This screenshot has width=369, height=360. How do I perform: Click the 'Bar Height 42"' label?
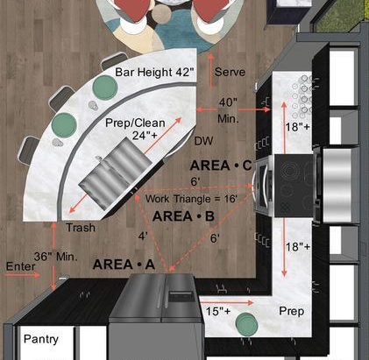pyautogui.click(x=154, y=72)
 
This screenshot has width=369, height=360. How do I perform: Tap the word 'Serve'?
pyautogui.click(x=230, y=72)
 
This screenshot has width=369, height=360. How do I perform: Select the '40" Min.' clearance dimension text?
pyautogui.click(x=228, y=110)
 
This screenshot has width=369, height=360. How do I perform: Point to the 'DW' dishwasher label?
pyautogui.click(x=203, y=141)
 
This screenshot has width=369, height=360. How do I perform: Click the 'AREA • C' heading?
pyautogui.click(x=221, y=166)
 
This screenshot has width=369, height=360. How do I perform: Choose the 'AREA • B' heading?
pyautogui.click(x=183, y=216)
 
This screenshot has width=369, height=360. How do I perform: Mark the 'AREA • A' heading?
pyautogui.click(x=124, y=265)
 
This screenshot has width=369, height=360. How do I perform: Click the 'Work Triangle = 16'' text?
pyautogui.click(x=191, y=199)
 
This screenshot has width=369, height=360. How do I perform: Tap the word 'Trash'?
pyautogui.click(x=81, y=228)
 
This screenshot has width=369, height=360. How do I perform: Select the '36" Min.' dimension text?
pyautogui.click(x=56, y=257)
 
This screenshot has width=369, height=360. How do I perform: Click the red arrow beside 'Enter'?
pyautogui.click(x=23, y=275)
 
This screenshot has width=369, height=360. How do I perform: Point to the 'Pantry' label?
pyautogui.click(x=41, y=339)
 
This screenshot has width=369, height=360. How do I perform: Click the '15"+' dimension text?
pyautogui.click(x=218, y=311)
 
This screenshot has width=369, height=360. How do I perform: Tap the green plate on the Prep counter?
pyautogui.click(x=246, y=324)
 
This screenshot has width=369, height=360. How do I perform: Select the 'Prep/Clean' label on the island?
pyautogui.click(x=135, y=123)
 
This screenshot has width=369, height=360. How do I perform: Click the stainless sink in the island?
pyautogui.click(x=116, y=174)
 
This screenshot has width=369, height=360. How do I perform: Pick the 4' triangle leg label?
pyautogui.click(x=143, y=236)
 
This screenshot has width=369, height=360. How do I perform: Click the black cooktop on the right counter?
pyautogui.click(x=294, y=186)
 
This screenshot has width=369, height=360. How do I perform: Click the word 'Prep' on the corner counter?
pyautogui.click(x=292, y=311)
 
